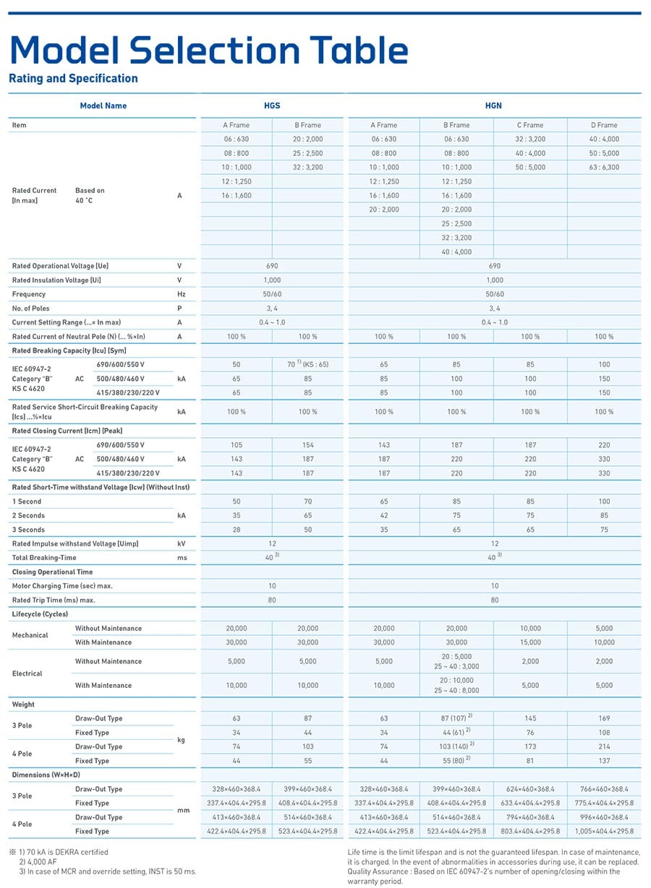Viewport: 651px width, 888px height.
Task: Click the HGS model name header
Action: click(272, 105)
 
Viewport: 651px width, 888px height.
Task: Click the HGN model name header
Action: click(493, 105)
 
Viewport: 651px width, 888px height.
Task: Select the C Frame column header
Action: click(530, 125)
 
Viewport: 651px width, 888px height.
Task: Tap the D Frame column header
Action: click(604, 125)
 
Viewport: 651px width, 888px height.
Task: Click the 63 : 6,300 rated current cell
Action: click(604, 167)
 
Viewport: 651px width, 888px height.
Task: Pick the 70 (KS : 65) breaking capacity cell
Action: click(307, 364)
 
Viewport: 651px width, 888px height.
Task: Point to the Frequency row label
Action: click(29, 294)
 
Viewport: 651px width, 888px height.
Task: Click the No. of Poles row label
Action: click(30, 308)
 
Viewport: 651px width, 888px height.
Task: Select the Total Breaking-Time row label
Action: click(44, 557)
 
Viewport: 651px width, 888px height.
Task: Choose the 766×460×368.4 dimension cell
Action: click(604, 788)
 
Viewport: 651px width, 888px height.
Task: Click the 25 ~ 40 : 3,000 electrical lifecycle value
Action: click(456, 666)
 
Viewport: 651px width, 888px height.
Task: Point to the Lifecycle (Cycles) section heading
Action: click(40, 613)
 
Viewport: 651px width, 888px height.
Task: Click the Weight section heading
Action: click(23, 704)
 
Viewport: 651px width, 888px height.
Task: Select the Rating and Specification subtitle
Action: click(73, 78)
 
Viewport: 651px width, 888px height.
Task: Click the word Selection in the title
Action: click(215, 50)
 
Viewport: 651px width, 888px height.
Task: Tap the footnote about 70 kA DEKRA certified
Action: click(63, 852)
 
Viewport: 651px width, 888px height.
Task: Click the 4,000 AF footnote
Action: click(38, 861)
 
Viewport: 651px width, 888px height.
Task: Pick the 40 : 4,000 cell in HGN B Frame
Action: click(456, 251)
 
